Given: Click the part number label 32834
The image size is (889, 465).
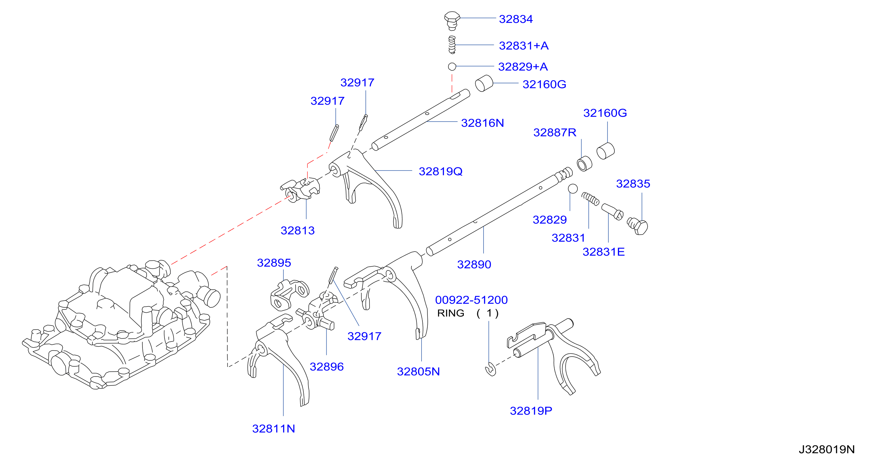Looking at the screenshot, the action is click(516, 19).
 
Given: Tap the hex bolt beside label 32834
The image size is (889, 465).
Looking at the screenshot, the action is click(452, 21).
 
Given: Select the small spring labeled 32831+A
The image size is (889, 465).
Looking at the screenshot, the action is click(452, 45).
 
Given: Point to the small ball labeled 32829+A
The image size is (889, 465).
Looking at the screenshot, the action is click(452, 66).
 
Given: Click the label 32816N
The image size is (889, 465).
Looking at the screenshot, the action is click(483, 123).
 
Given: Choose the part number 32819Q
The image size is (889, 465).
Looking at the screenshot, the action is click(440, 171).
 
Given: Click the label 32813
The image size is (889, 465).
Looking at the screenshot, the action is click(297, 230).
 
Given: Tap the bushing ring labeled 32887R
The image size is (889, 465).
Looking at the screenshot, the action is click(584, 164).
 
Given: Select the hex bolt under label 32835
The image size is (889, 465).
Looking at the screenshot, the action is click(638, 226).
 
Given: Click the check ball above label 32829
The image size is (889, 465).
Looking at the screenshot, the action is click(572, 189).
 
